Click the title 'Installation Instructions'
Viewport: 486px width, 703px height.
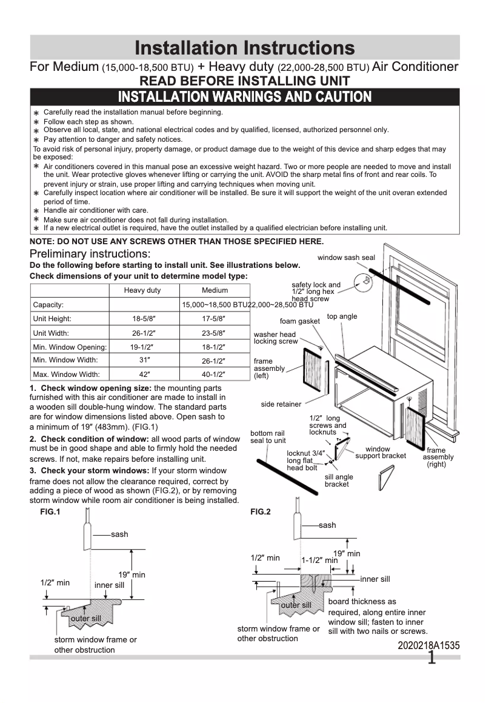[244, 48]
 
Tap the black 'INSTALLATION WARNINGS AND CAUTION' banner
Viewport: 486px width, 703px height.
[244, 97]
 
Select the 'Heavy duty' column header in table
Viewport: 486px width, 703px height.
[142, 290]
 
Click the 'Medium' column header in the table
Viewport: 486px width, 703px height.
[215, 290]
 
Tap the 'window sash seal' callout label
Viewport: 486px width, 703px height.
[346, 258]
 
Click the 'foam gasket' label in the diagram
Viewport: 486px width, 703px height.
[299, 321]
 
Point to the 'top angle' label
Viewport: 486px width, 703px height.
[342, 316]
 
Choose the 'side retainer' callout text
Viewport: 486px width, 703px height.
[281, 404]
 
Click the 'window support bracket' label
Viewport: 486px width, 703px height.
[381, 453]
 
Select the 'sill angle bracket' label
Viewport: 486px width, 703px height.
[339, 481]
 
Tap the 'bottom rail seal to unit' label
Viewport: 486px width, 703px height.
[268, 437]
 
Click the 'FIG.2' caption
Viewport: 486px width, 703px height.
[261, 511]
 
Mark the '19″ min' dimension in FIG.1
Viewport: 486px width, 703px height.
[131, 575]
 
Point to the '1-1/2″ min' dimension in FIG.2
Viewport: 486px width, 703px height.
[319, 561]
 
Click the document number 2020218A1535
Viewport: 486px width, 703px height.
[428, 646]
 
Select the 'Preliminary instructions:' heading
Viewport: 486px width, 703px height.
[90, 253]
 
